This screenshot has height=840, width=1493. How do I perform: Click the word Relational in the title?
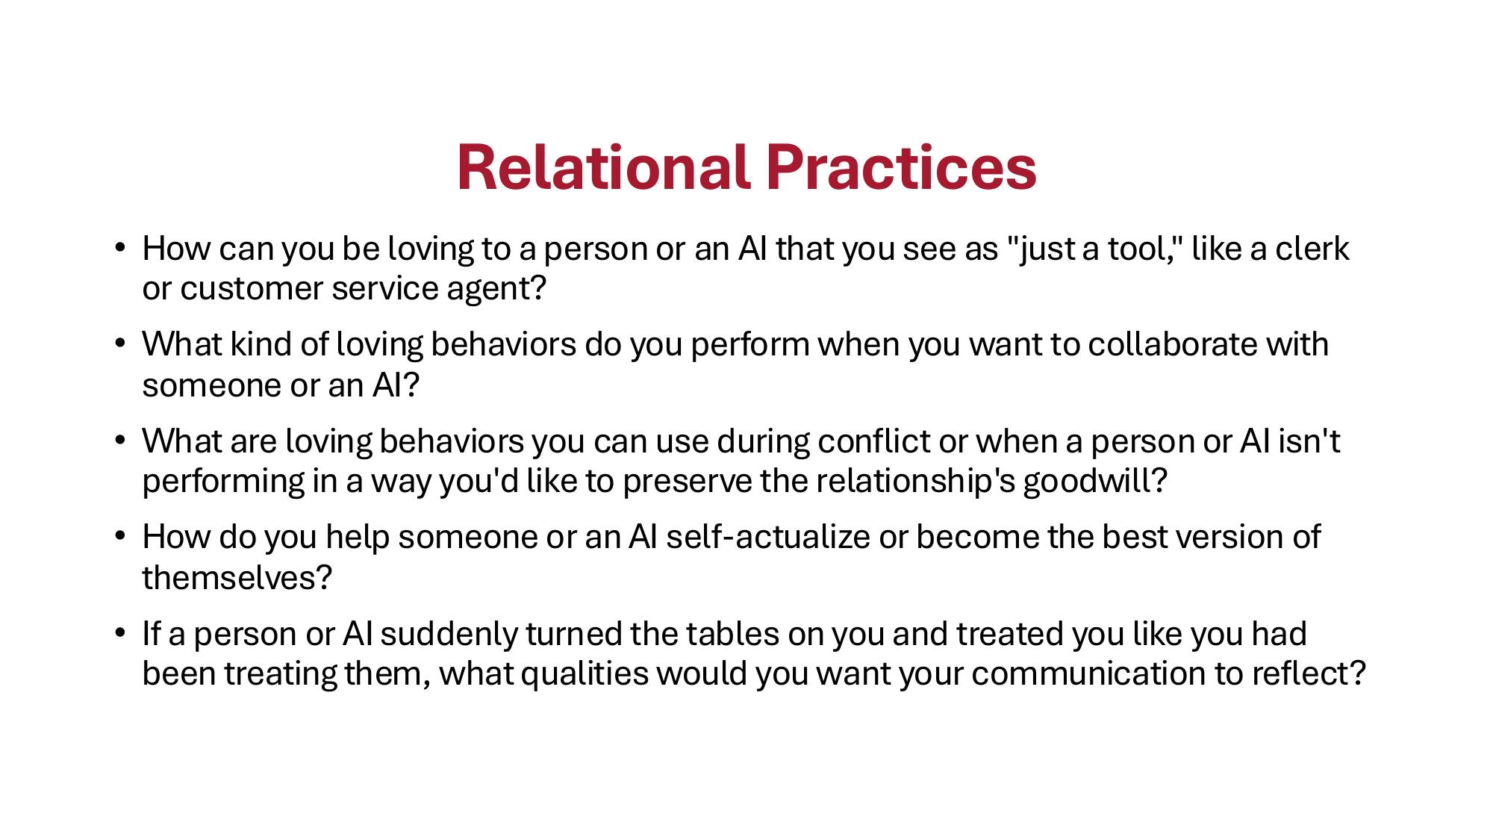602,167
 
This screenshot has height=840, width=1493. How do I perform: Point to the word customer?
252,289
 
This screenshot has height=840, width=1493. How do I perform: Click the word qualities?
585,673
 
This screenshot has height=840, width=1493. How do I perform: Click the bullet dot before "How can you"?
119,247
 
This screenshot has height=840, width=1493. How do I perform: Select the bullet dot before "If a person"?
119,632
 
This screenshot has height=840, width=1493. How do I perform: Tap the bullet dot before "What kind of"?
119,343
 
